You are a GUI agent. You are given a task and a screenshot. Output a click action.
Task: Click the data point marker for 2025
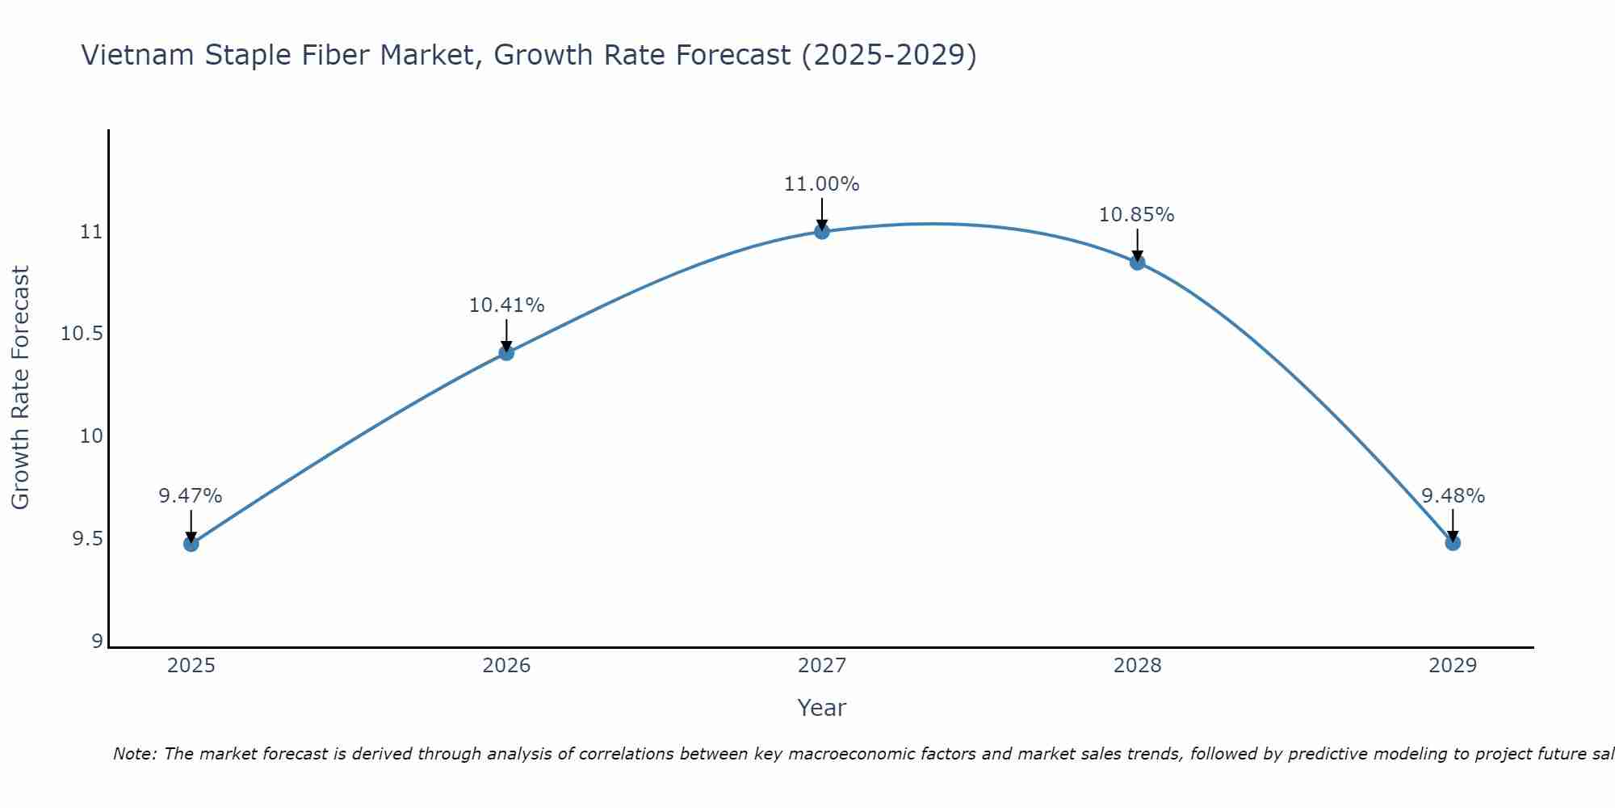(191, 544)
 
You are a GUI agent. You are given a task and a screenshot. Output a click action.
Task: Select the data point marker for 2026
(506, 352)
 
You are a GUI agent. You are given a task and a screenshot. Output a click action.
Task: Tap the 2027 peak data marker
(822, 231)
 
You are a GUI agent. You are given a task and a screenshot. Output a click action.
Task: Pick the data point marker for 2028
(1137, 262)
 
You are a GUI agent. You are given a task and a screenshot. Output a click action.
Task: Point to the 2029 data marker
(1453, 543)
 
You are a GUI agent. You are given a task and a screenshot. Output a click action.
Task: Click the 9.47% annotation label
(191, 496)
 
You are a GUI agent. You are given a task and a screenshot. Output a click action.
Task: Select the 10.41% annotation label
(506, 305)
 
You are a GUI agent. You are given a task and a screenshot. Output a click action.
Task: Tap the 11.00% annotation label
(822, 184)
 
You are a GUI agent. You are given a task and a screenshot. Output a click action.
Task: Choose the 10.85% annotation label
(1137, 215)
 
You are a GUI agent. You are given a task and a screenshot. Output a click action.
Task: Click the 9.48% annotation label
(1453, 496)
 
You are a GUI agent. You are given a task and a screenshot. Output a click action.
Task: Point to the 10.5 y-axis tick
(82, 334)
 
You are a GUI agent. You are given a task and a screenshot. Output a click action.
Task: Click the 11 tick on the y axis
(91, 232)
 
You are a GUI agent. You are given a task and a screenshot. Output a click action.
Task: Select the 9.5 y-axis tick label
(87, 538)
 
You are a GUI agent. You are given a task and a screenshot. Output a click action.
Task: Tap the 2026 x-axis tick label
(506, 666)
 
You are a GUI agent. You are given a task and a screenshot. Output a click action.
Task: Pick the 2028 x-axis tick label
(1137, 666)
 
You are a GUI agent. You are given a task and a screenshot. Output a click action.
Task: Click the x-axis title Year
(822, 708)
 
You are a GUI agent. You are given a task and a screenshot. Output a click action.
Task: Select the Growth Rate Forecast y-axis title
(21, 388)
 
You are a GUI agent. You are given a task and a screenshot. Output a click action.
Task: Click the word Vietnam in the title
(136, 55)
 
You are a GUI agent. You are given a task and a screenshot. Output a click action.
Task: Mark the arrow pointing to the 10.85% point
(1137, 245)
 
